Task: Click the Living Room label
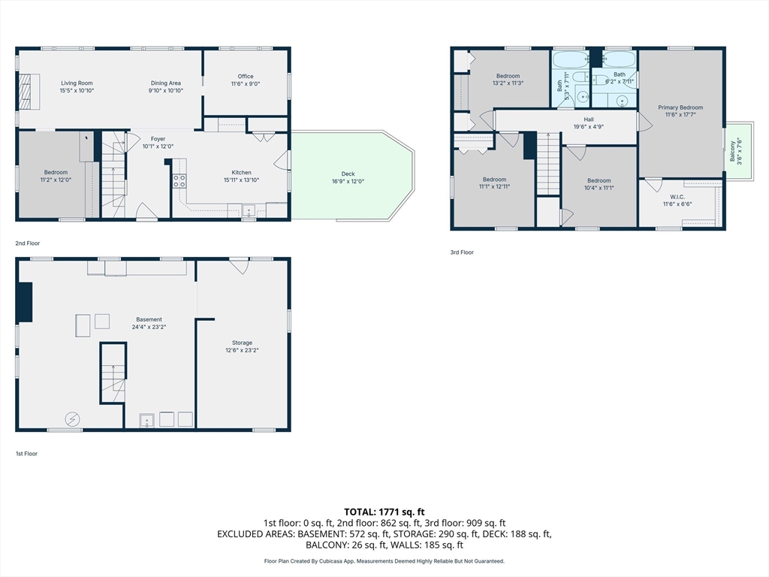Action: tap(77, 87)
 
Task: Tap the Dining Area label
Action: tap(166, 87)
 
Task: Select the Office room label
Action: tap(246, 80)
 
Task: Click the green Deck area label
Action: tap(348, 177)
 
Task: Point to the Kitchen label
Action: tap(241, 176)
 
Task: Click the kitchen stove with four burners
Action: tap(179, 181)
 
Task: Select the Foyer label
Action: tap(158, 142)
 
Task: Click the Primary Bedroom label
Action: tap(680, 111)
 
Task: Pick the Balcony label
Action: tap(736, 152)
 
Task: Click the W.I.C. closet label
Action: tap(677, 200)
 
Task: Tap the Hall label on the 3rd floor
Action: tap(589, 122)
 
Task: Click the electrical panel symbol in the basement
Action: tap(73, 419)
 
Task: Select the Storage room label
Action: tap(243, 346)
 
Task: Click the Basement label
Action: tap(149, 323)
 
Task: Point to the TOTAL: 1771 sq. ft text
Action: tap(384, 512)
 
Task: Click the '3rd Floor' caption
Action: tap(462, 252)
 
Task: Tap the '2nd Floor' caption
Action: tap(28, 243)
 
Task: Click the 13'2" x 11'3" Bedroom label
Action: tap(508, 80)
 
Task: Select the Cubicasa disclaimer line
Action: tap(384, 560)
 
